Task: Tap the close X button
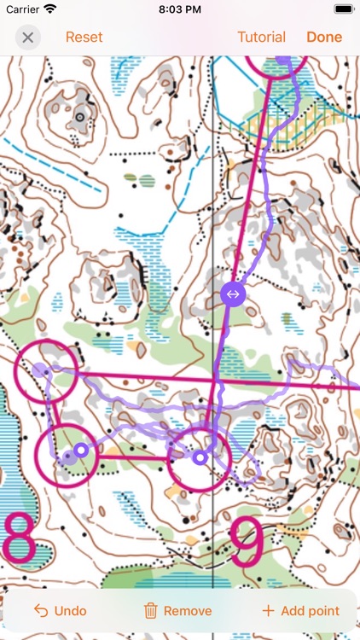[x=28, y=38]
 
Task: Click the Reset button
[x=84, y=38]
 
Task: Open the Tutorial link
[x=261, y=38]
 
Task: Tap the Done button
[x=324, y=38]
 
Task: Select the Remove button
[x=177, y=610]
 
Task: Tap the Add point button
[x=300, y=610]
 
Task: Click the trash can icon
[x=150, y=610]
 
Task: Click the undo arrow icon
[x=40, y=610]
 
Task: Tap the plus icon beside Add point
[x=268, y=610]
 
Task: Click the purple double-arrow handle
[x=232, y=294]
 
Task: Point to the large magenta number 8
[x=19, y=538]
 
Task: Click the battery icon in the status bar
[x=343, y=9]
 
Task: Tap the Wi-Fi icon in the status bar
[x=50, y=9]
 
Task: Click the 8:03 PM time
[x=180, y=9]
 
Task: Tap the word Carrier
[x=22, y=9]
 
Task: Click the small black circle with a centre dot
[x=80, y=116]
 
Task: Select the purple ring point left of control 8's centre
[x=80, y=450]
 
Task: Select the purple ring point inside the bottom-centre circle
[x=200, y=458]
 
